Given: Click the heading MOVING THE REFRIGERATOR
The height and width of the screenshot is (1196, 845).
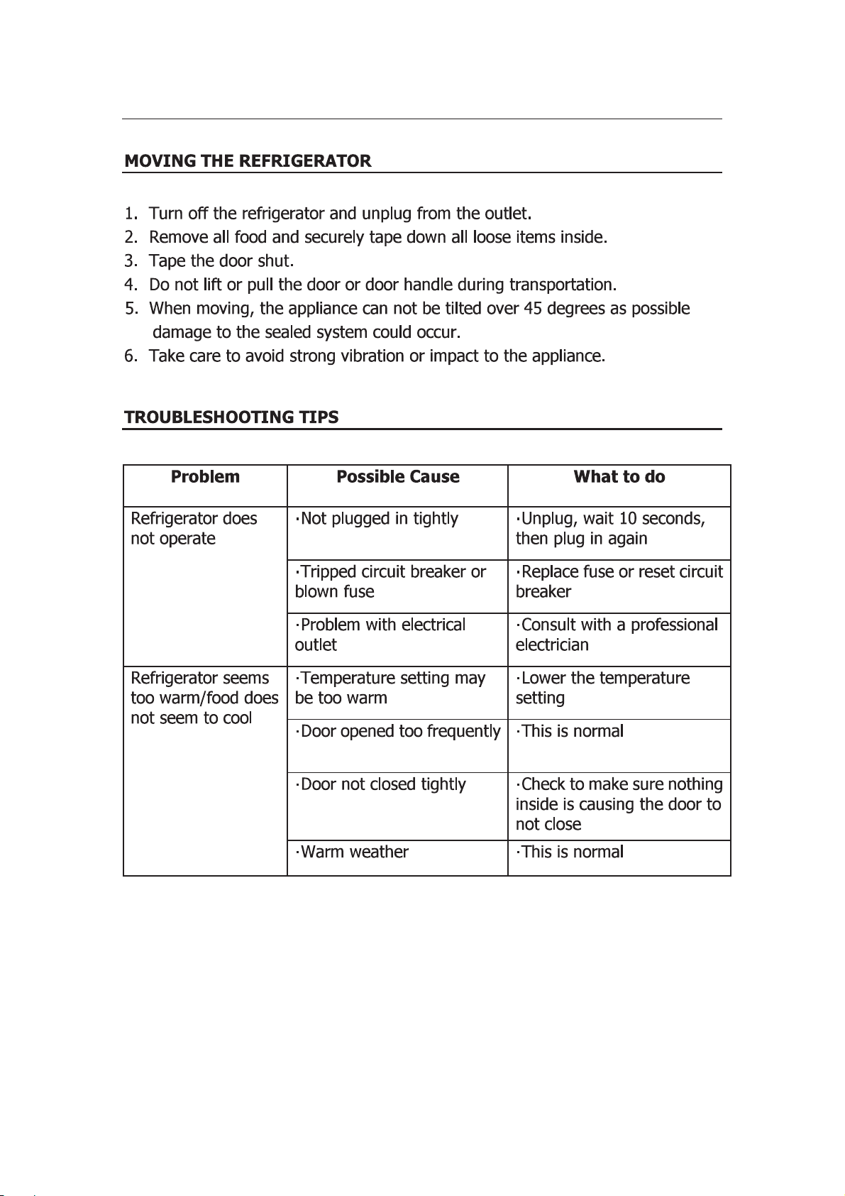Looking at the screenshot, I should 248,161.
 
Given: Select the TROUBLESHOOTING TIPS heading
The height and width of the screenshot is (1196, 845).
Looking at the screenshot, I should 231,417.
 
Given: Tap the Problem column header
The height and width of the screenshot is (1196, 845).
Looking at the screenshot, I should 205,477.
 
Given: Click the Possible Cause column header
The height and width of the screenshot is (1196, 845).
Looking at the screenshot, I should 397,477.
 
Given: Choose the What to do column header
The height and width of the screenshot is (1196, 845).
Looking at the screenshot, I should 619,477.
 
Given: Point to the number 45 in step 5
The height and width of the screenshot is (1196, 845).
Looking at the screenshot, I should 533,309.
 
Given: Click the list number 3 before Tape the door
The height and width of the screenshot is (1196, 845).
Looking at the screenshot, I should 131,261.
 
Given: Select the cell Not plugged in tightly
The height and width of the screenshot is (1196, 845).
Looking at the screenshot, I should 377,519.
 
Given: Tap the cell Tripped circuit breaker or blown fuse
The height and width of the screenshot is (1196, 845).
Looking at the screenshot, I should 390,581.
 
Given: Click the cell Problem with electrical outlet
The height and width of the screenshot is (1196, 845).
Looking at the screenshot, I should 380,635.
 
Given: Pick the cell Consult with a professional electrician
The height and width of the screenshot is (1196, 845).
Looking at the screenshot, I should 617,635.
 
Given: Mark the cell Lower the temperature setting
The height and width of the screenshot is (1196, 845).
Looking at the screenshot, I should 602,688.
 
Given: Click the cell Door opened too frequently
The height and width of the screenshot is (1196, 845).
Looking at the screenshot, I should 397,732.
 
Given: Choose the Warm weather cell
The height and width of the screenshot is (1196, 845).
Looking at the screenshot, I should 352,852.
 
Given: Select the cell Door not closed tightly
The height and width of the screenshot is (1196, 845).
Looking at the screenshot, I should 380,785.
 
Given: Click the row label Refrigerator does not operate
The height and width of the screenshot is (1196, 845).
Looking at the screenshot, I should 194,529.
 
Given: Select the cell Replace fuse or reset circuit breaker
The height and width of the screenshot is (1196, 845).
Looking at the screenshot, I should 619,581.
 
